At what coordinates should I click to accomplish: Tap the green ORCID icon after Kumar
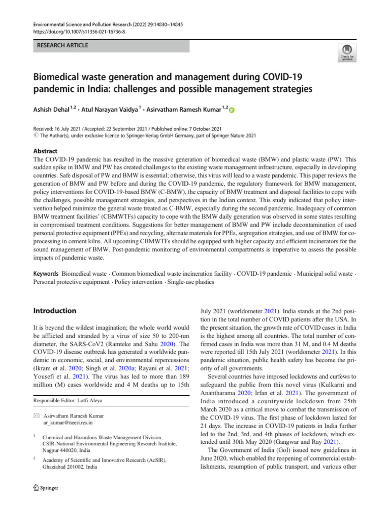(x=232, y=110)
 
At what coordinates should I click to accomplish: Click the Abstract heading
(x=45, y=151)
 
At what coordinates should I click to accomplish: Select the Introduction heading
(x=54, y=310)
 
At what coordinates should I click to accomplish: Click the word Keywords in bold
(x=46, y=274)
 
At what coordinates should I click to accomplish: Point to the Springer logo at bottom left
(x=46, y=488)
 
